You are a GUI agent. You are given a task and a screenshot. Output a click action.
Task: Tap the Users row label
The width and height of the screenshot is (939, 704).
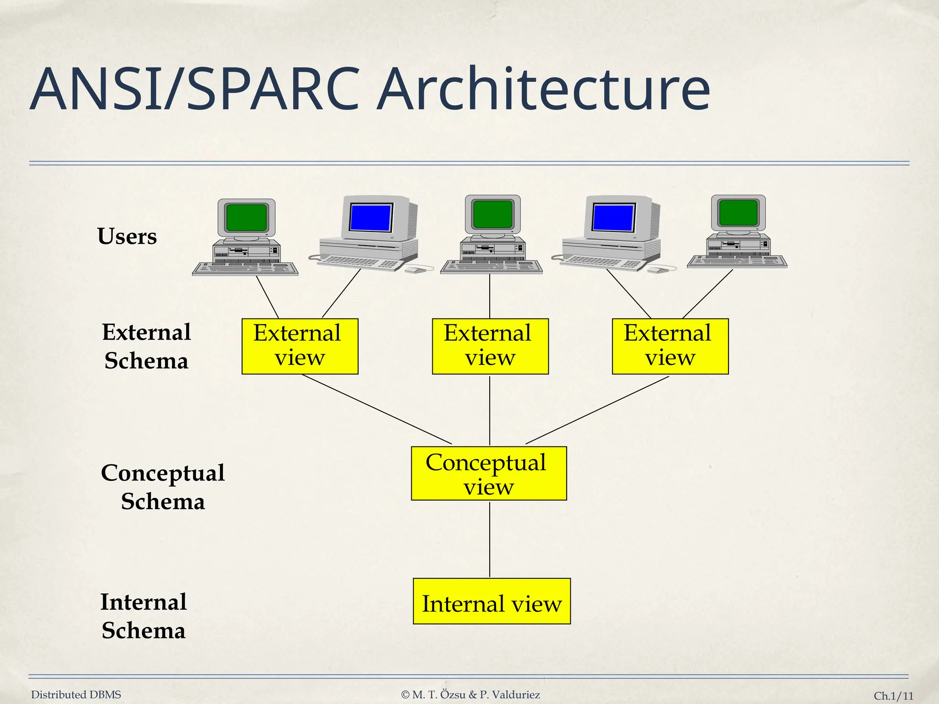pyautogui.click(x=127, y=236)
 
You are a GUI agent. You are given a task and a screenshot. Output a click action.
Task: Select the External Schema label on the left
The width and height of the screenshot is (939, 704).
pyautogui.click(x=146, y=346)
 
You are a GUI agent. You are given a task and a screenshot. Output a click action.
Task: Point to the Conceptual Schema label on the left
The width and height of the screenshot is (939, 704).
pyautogui.click(x=163, y=487)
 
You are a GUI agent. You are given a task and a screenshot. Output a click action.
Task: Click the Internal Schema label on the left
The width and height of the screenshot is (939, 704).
pyautogui.click(x=144, y=616)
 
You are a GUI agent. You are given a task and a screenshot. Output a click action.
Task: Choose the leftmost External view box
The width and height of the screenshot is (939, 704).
pyautogui.click(x=300, y=346)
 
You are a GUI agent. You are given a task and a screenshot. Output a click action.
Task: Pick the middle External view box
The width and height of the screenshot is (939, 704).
pyautogui.click(x=490, y=346)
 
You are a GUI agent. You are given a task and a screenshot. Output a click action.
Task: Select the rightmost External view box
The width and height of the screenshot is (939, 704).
pyautogui.click(x=670, y=346)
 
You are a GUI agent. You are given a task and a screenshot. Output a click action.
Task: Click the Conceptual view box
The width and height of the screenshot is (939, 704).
pyautogui.click(x=489, y=473)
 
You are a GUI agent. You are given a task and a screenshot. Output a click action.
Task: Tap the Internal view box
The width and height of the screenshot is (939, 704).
pyautogui.click(x=492, y=601)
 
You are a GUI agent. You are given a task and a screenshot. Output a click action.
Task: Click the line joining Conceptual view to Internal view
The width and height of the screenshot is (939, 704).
pyautogui.click(x=490, y=539)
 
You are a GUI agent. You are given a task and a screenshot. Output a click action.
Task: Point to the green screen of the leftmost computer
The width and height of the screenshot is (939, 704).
pyautogui.click(x=247, y=217)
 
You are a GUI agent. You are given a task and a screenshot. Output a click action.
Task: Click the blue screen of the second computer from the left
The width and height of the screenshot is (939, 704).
pyautogui.click(x=370, y=217)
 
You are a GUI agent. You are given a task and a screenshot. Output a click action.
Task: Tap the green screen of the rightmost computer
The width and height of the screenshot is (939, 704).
pyautogui.click(x=738, y=212)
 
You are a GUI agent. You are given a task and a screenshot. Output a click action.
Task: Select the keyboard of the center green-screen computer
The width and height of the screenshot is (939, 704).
pyautogui.click(x=491, y=267)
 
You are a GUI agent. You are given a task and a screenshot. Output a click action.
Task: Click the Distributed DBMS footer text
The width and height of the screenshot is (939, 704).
pyautogui.click(x=76, y=695)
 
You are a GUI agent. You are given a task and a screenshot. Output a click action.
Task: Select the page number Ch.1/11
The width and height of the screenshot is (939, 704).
pyautogui.click(x=893, y=696)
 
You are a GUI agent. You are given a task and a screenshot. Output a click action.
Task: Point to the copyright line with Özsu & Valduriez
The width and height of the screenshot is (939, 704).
pyautogui.click(x=470, y=695)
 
